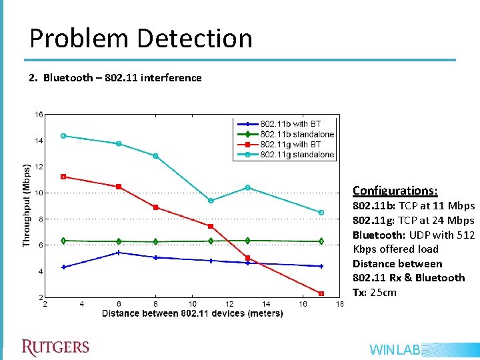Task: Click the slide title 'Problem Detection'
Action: [141, 39]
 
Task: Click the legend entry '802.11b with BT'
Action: [290, 124]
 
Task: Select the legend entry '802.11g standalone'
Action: [297, 155]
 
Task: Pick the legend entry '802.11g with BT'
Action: [290, 145]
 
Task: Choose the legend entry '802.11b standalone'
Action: [297, 134]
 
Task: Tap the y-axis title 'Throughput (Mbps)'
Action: [27, 206]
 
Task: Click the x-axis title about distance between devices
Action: [192, 313]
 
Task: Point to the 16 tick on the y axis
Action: [39, 115]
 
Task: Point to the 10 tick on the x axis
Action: [192, 305]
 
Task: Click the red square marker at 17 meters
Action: [321, 293]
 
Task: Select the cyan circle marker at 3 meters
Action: [63, 136]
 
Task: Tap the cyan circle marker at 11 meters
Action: [211, 201]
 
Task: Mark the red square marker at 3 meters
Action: [63, 177]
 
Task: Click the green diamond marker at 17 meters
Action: [321, 241]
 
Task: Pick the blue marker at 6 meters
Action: [119, 253]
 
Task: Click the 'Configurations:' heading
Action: [395, 191]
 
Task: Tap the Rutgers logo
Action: [55, 347]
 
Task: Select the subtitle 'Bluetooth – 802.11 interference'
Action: [122, 77]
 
